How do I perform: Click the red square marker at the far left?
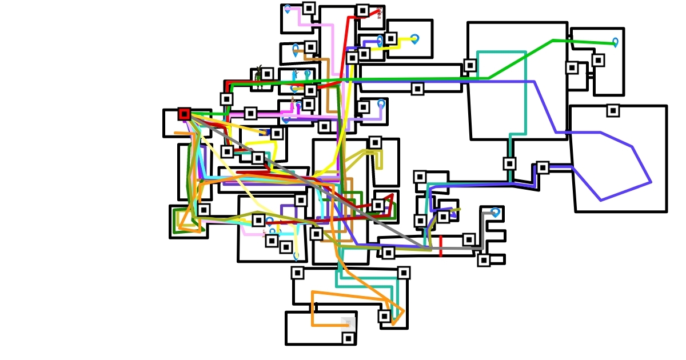point(184,114)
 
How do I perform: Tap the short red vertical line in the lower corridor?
point(441,246)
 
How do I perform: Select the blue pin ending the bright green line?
point(615,42)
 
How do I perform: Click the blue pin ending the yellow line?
point(414,39)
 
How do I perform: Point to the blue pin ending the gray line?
point(495,213)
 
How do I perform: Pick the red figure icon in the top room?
point(378,13)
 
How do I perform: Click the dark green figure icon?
point(258,73)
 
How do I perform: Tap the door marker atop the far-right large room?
point(613,110)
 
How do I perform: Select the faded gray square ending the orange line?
point(348,324)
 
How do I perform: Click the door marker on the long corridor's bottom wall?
point(417,89)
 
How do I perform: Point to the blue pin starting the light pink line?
point(288,9)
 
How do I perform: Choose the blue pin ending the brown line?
point(296,49)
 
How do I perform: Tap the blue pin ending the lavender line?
point(381,104)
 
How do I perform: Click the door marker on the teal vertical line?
point(509,163)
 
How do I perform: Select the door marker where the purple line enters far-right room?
point(543,167)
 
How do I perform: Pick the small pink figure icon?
point(293,103)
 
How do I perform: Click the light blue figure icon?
point(295,75)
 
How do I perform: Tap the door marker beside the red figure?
point(362,10)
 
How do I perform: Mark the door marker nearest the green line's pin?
point(598,60)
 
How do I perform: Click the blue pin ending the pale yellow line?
point(296,256)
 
